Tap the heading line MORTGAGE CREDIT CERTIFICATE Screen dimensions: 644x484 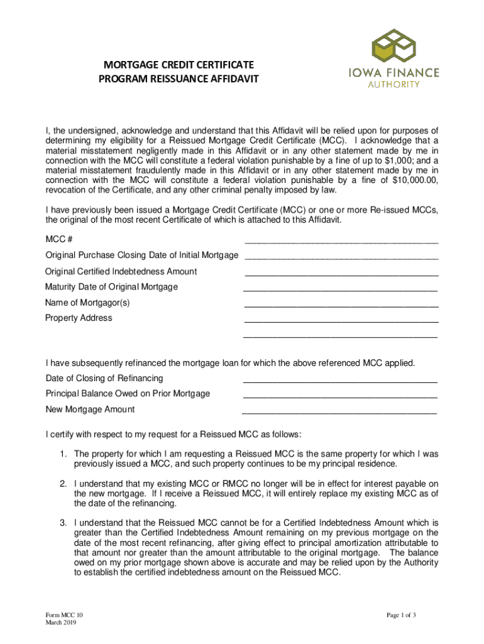[179, 65]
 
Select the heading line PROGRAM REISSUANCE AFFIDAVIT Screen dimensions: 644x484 [179, 80]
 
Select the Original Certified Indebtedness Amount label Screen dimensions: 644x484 [121, 272]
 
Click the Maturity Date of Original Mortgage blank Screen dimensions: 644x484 [340, 289]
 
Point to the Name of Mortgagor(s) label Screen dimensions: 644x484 [87, 303]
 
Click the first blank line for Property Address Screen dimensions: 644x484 [341, 321]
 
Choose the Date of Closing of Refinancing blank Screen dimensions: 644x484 [340, 381]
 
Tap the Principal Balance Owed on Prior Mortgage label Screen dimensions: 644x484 [128, 394]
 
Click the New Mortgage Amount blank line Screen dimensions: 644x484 [339, 413]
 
